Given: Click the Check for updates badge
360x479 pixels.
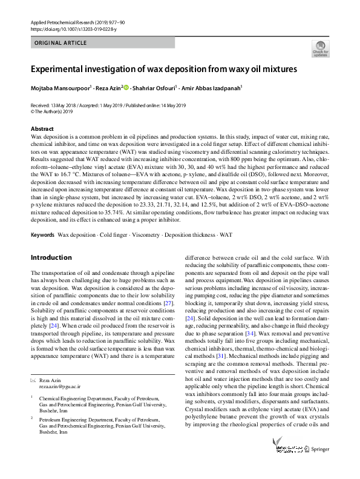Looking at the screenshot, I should pos(320,49).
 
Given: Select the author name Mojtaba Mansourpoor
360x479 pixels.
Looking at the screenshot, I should pos(60,88).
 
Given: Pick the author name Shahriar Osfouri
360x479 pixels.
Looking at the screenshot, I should pos(153,88).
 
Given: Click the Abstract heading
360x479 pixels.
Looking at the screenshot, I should pos(42,129).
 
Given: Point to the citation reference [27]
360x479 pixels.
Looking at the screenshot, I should pos(169,302).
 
